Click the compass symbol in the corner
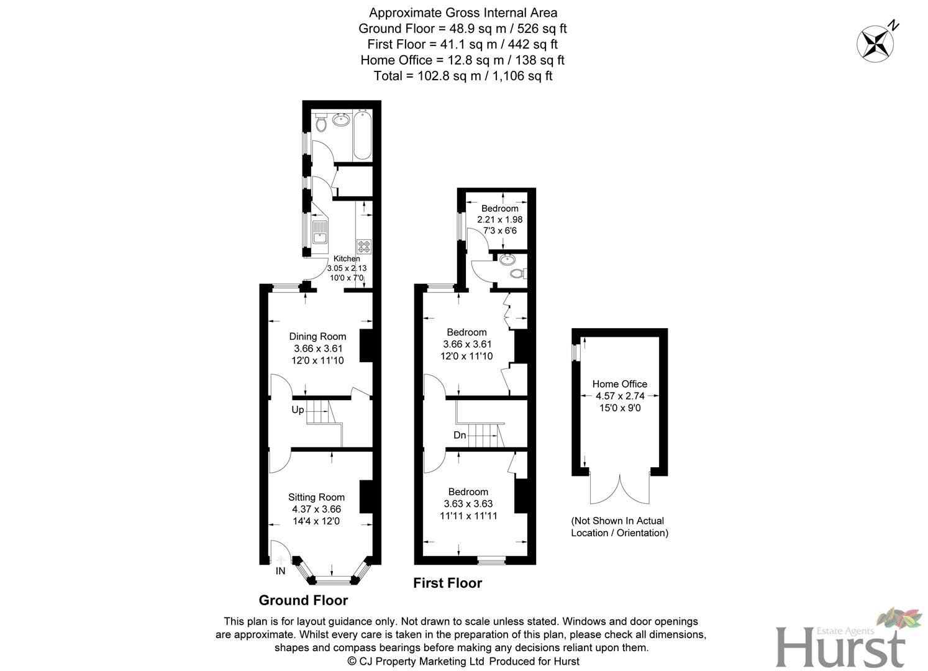[875, 43]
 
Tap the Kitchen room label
[347, 258]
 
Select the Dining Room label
[317, 337]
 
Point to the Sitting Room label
[316, 497]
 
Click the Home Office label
[619, 384]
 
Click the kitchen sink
[320, 232]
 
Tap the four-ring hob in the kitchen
[363, 246]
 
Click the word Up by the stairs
[298, 410]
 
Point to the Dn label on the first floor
[460, 435]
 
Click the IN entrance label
[281, 571]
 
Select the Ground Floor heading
[303, 600]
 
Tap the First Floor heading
[447, 583]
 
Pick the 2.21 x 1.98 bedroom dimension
[499, 219]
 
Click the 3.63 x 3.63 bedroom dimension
[468, 504]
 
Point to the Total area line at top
[463, 76]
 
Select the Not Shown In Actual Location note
[619, 527]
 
